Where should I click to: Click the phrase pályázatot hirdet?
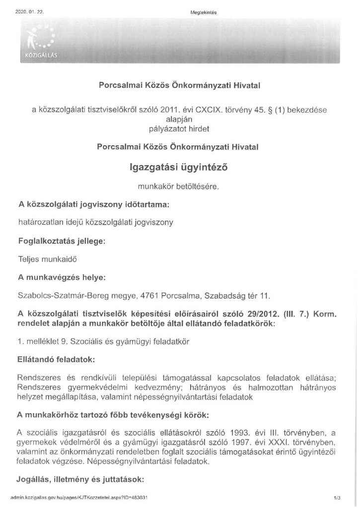point(179,129)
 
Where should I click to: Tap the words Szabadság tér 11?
point(238,296)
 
